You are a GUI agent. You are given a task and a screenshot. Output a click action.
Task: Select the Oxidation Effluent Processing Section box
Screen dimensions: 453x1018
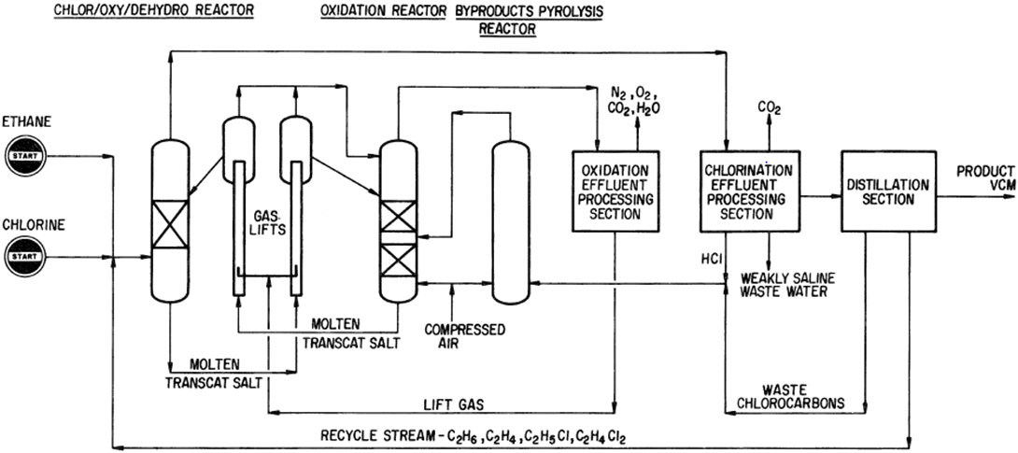click(x=615, y=191)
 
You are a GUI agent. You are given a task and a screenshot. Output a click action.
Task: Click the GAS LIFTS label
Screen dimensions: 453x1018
click(x=268, y=219)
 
